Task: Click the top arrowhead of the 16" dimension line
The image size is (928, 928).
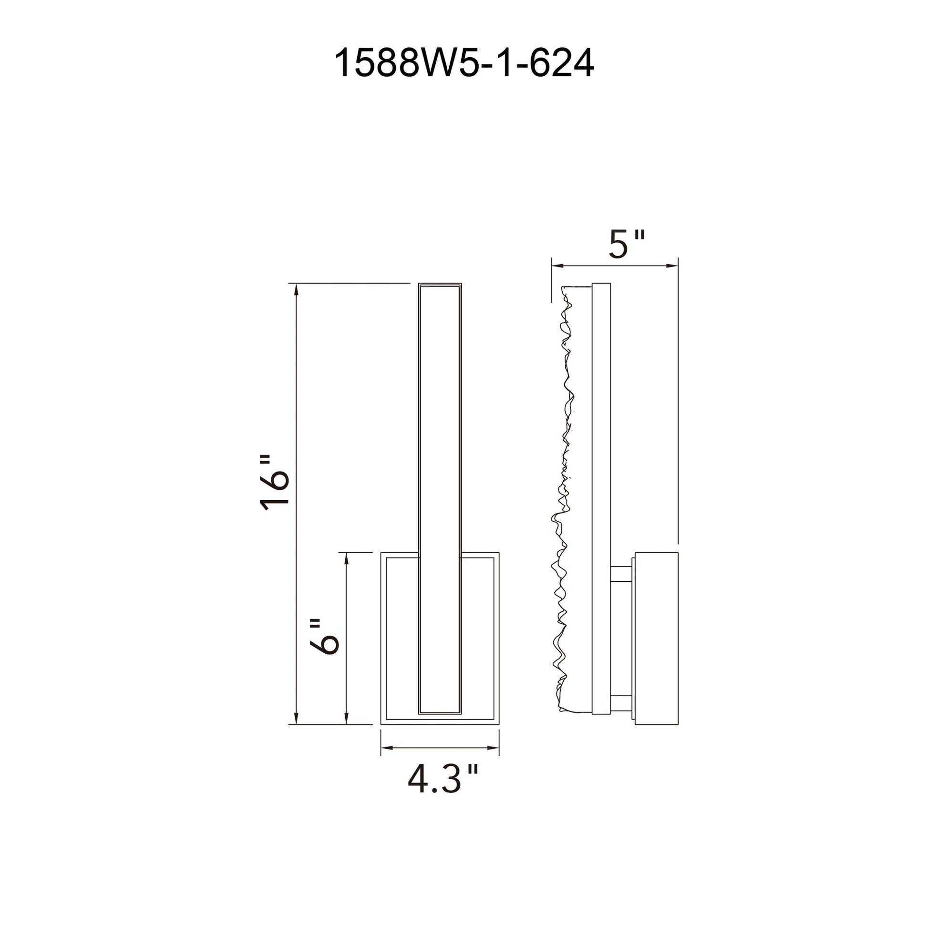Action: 296,288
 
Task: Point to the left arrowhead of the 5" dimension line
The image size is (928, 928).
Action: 556,265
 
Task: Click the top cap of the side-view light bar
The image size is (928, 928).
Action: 601,286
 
